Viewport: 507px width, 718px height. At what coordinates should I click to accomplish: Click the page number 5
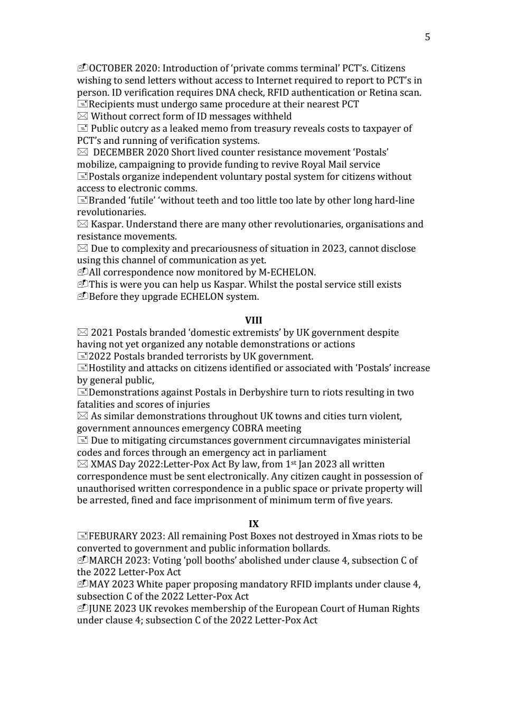coord(427,36)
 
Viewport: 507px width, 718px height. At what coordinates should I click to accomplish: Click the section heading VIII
coord(253,320)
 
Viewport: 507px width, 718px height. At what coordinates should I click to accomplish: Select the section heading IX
coord(253,524)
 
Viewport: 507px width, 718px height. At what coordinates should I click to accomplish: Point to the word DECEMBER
coord(116,152)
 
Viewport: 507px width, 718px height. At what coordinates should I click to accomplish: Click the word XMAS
coord(103,464)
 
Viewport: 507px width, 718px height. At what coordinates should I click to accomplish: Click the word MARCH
coord(106,560)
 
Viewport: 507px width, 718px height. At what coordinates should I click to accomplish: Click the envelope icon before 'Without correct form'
coord(82,116)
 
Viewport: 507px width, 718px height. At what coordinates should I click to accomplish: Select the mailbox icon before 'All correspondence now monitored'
coord(82,272)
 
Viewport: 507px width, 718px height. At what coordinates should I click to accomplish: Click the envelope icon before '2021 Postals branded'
coord(82,333)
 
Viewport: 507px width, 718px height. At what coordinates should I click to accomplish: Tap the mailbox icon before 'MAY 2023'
coord(82,584)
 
